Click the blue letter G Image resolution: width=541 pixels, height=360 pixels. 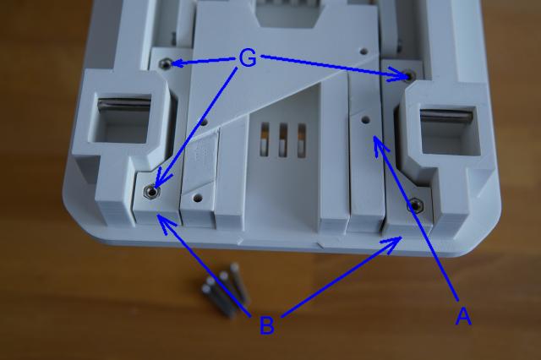tap(248, 58)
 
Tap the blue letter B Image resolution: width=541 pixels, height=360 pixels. tap(266, 325)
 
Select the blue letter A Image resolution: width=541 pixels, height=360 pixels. tap(463, 316)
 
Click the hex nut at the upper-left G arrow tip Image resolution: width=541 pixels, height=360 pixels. tap(166, 63)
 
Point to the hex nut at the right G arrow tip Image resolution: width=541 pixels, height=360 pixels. tap(410, 74)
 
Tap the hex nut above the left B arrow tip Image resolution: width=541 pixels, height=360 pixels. tap(150, 191)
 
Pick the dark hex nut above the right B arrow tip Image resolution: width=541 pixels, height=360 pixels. tap(414, 206)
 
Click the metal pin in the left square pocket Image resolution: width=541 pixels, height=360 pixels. tap(124, 104)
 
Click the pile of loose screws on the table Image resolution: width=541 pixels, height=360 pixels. tap(225, 290)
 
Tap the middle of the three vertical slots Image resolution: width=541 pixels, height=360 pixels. tap(283, 139)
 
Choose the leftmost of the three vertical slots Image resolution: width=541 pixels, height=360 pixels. tap(265, 139)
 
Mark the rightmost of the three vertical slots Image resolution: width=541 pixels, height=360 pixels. tap(302, 140)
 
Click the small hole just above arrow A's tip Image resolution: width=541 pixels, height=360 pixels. tap(365, 120)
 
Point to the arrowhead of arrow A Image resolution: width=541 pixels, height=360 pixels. tap(380, 145)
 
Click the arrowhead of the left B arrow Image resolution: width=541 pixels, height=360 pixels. tap(165, 221)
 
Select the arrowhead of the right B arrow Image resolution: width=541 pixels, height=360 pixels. tap(392, 243)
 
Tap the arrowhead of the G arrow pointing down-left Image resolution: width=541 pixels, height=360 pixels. tap(161, 177)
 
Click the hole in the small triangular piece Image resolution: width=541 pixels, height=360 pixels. tap(197, 198)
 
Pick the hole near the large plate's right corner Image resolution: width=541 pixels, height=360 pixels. tap(363, 52)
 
